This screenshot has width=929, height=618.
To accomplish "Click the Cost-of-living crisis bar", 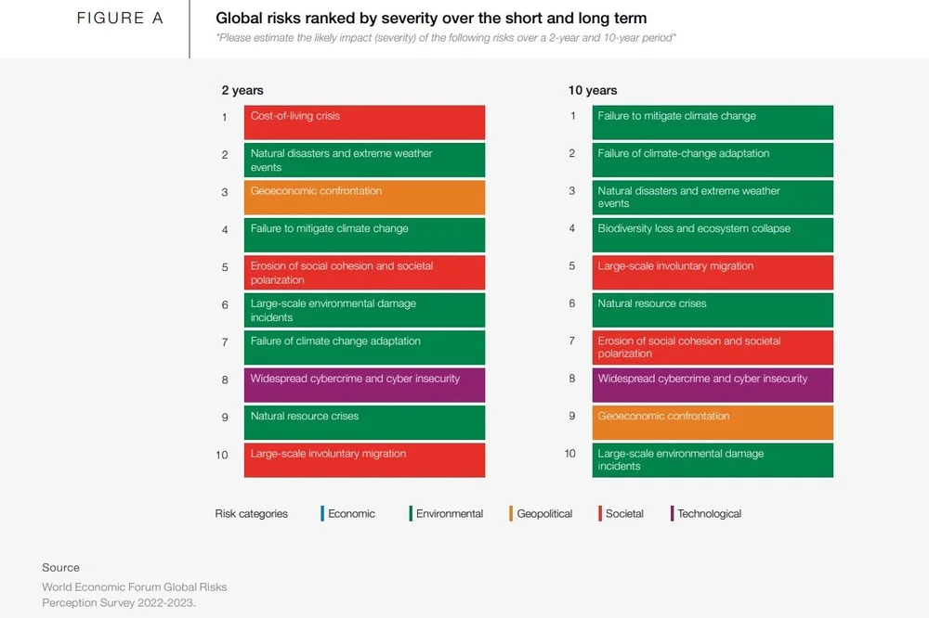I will (x=364, y=122).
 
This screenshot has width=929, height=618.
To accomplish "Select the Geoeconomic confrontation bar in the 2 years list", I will (x=364, y=198).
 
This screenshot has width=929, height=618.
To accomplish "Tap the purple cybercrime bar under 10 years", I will (x=713, y=385).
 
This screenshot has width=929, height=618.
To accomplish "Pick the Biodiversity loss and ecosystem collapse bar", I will (x=713, y=235).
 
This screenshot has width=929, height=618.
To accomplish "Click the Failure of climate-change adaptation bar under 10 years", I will (x=713, y=160).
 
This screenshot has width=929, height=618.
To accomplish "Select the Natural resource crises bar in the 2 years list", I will (x=364, y=422).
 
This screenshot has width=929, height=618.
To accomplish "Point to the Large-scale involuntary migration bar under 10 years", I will (x=713, y=273).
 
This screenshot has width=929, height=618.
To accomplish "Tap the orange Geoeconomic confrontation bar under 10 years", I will (x=713, y=422).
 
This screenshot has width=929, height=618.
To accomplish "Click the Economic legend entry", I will (x=350, y=513).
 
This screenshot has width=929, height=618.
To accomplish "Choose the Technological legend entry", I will (x=708, y=513).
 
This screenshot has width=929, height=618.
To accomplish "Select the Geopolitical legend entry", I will (x=543, y=513).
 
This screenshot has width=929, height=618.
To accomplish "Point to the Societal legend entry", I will (x=623, y=513).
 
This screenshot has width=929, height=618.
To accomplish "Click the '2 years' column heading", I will (x=242, y=90).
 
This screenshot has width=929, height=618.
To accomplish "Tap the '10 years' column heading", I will (x=593, y=90).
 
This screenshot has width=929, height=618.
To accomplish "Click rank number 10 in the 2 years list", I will (x=221, y=455).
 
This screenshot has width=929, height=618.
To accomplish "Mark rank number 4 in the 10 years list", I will (x=572, y=228).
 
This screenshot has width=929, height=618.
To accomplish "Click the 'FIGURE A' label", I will (x=120, y=19).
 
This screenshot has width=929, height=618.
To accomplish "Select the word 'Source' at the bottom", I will (x=60, y=567).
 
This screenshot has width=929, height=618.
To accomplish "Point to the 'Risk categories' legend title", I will (x=251, y=513).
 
